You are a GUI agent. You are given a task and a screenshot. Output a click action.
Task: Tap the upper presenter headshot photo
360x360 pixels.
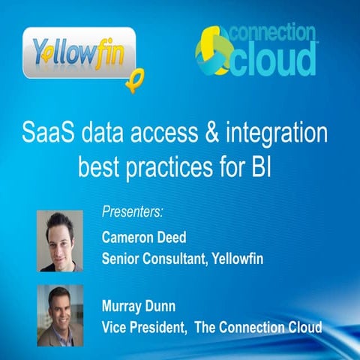point(60,240)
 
